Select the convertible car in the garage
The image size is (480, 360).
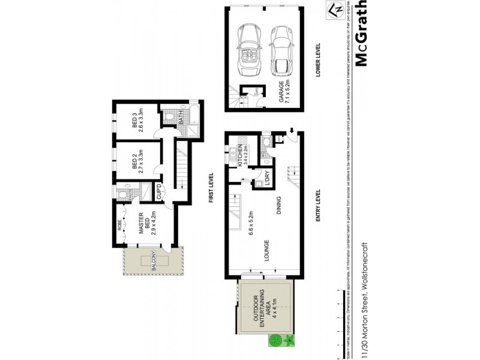click(247, 47)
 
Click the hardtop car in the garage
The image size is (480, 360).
click(280, 47)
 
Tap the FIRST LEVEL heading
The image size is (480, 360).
click(211, 187)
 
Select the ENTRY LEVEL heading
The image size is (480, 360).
click(319, 206)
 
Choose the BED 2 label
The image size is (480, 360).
click(137, 160)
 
